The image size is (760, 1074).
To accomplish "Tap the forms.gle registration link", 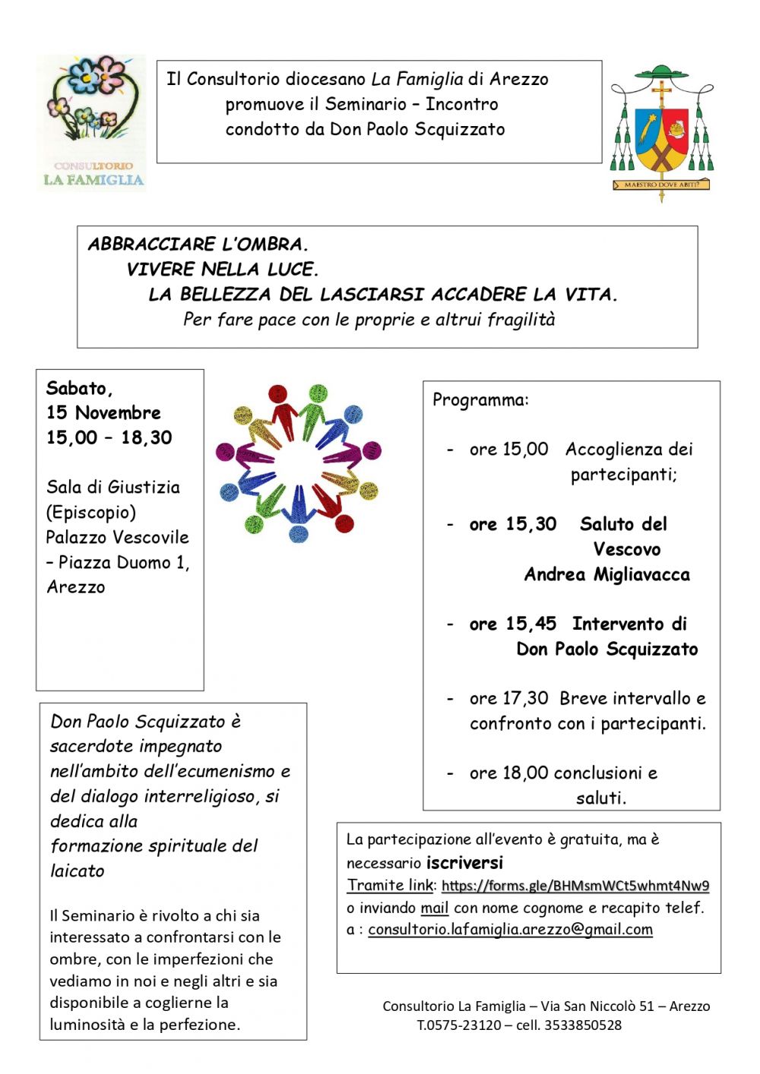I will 575,886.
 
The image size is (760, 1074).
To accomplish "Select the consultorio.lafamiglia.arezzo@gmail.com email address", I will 510,930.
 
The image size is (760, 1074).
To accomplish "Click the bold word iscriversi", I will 465,863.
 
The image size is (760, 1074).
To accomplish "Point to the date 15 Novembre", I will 103,413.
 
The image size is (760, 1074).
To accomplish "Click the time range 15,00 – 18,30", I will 109,438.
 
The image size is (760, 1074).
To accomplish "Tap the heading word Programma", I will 480,400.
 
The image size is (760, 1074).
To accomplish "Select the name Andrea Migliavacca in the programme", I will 606,575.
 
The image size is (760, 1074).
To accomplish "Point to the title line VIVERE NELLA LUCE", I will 223,270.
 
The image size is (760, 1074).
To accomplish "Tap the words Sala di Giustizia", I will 113,488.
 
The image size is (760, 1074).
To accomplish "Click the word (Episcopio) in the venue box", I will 90,513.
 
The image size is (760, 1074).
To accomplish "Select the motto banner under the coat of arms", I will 661,185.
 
